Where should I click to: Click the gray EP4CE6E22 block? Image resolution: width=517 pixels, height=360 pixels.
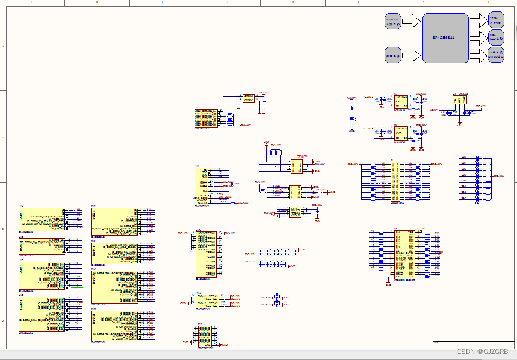click(x=445, y=38)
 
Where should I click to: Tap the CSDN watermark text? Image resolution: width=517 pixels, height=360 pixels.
click(x=482, y=351)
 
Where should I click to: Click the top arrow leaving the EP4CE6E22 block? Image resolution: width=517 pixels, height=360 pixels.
click(x=479, y=20)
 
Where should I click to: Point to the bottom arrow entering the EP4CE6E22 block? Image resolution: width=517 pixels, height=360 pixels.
click(x=412, y=55)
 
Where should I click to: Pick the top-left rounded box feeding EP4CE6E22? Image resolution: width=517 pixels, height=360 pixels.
click(x=392, y=22)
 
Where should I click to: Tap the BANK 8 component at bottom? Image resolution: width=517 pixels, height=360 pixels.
click(x=114, y=326)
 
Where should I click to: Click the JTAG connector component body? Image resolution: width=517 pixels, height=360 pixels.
click(x=298, y=166)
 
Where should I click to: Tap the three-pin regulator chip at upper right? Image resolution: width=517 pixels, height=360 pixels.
click(x=459, y=99)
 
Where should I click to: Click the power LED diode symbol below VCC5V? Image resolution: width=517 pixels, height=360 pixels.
click(x=352, y=119)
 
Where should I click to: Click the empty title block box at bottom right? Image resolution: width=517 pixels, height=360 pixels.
click(x=473, y=345)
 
